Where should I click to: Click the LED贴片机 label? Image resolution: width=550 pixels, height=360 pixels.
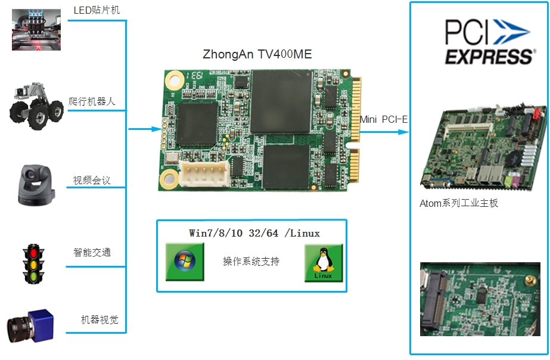point(97,10)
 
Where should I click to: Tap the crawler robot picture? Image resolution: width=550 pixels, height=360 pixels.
point(36,106)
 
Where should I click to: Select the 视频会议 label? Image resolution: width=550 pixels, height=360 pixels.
point(92,181)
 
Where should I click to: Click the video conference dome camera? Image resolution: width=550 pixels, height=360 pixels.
point(36,185)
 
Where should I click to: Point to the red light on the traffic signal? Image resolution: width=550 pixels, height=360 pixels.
point(34,253)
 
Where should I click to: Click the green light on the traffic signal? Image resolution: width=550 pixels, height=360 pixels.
point(34,277)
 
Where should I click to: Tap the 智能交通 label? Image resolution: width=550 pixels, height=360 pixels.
point(92,252)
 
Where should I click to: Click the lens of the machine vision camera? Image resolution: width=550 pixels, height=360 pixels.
point(20,330)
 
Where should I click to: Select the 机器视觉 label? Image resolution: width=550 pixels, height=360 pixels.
point(100,319)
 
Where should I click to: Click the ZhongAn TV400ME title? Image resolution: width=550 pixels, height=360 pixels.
point(257,54)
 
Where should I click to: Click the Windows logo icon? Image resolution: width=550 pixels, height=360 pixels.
point(185,262)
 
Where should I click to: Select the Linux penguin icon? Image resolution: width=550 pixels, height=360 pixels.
point(324,263)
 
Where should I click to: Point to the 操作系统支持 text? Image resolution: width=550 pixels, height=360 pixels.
point(251,262)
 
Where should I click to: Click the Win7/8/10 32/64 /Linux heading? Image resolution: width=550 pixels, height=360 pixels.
point(254,233)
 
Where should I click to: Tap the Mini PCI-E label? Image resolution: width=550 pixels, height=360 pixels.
point(384,120)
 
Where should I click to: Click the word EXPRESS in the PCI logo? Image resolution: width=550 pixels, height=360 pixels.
point(490,57)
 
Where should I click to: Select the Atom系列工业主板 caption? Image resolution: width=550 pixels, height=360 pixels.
point(459,203)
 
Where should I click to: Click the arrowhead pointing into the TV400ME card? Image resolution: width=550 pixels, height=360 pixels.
point(157,129)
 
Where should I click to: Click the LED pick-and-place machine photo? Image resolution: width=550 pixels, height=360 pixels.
point(36,30)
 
